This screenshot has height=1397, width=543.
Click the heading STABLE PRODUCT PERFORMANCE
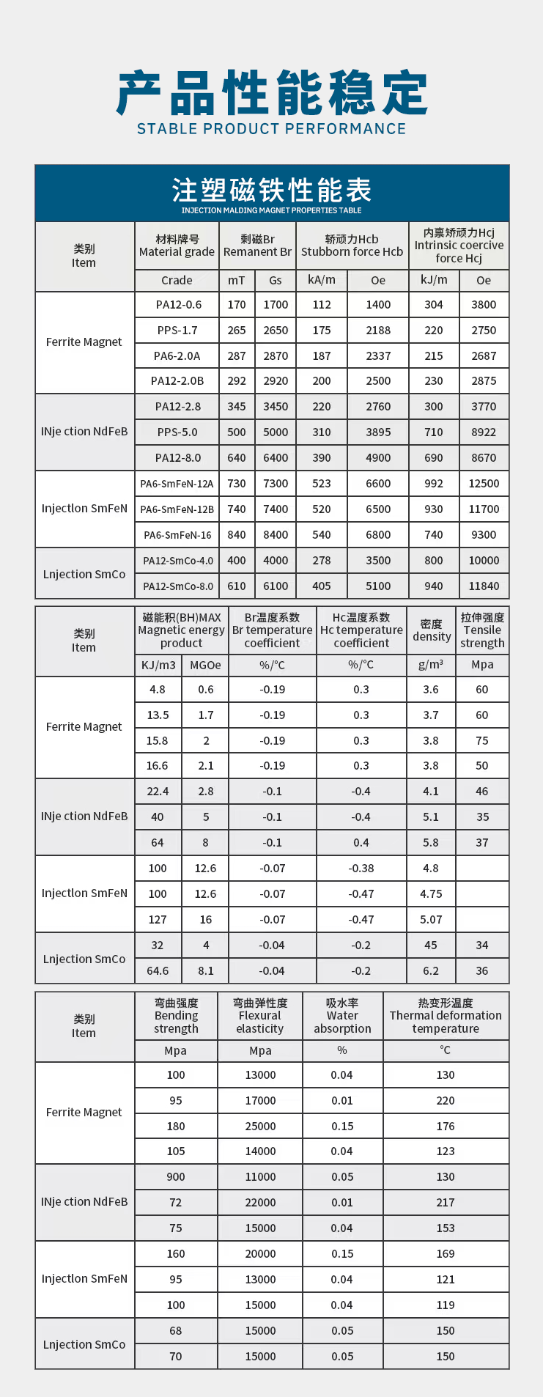click(x=271, y=129)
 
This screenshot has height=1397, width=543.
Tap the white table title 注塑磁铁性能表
click(x=271, y=191)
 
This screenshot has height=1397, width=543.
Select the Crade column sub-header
click(x=177, y=281)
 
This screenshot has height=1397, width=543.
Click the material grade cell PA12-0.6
click(x=178, y=305)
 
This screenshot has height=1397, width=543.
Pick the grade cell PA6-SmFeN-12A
click(x=177, y=484)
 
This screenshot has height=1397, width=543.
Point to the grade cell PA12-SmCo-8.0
click(x=178, y=586)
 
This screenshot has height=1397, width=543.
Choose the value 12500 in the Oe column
click(x=484, y=484)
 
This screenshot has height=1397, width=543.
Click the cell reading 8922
click(x=484, y=432)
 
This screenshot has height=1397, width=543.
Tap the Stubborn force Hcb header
click(x=352, y=246)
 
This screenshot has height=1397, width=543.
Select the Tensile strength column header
click(x=482, y=630)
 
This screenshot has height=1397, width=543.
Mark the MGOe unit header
click(x=205, y=665)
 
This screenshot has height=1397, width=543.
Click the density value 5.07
click(x=431, y=919)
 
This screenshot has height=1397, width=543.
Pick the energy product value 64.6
click(x=158, y=970)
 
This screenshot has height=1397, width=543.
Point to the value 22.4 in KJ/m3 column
click(x=158, y=792)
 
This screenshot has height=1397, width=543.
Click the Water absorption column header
click(x=342, y=1016)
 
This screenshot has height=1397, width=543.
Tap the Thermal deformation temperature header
click(x=446, y=1016)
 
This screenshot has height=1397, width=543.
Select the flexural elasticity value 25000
click(x=260, y=1126)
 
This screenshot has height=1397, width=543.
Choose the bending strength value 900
click(x=176, y=1176)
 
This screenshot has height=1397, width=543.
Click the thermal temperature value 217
click(x=446, y=1202)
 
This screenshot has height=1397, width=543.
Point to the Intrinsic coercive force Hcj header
click(x=459, y=246)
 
